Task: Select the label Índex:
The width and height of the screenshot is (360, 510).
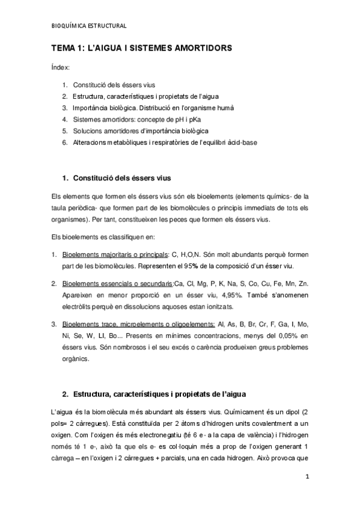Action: pyautogui.click(x=60, y=67)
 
